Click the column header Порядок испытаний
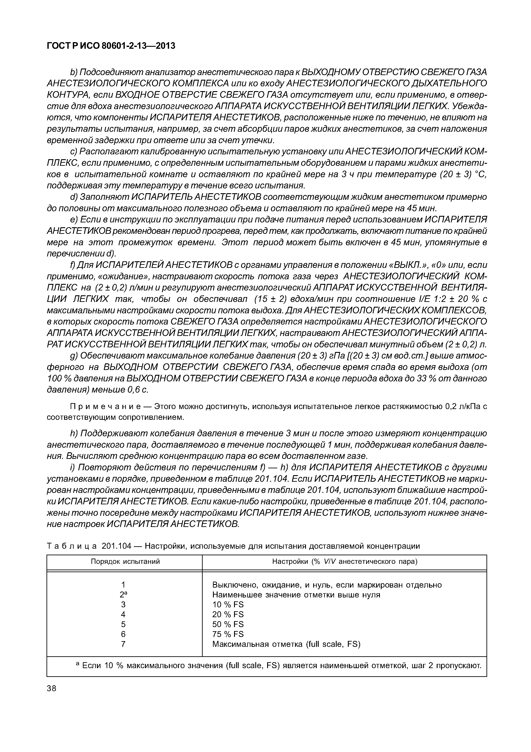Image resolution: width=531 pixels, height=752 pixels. coord(125,562)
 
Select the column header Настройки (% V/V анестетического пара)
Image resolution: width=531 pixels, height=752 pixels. coord(345,562)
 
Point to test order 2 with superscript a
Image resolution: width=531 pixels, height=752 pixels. coord(123,594)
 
